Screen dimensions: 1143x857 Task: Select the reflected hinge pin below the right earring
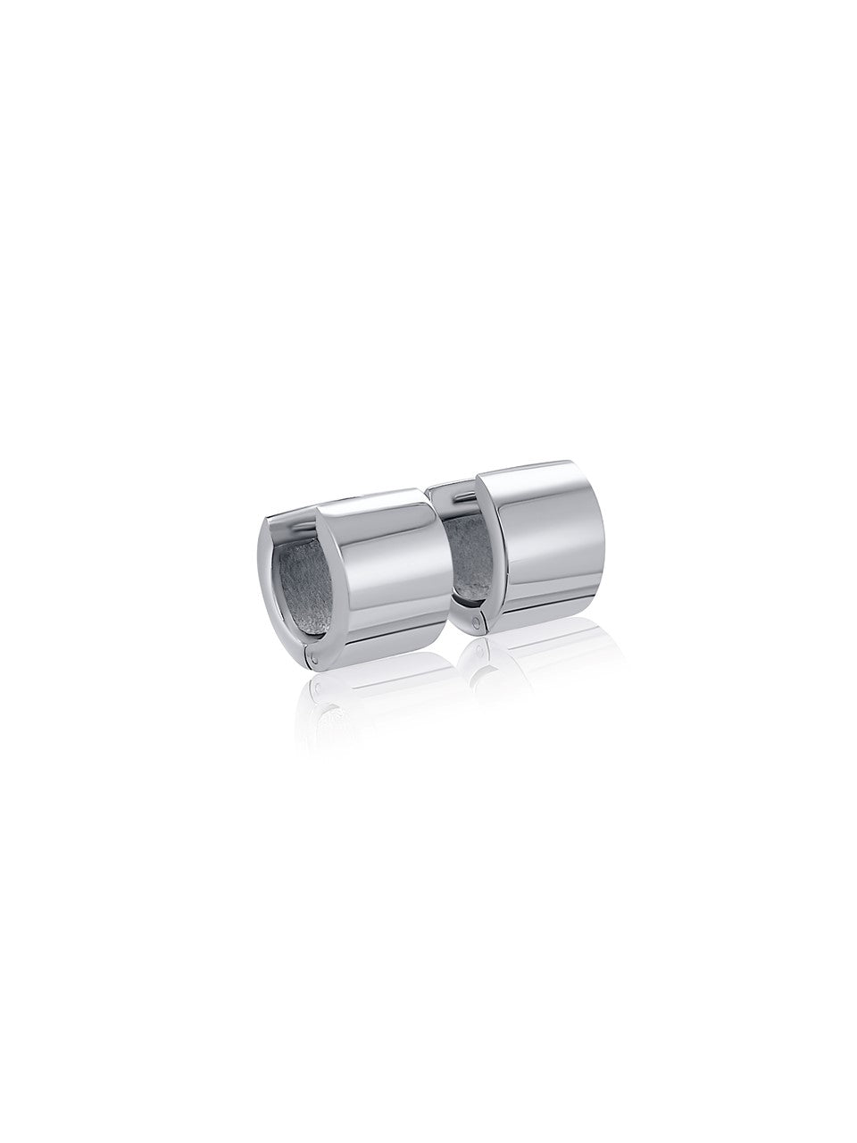click(x=483, y=651)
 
